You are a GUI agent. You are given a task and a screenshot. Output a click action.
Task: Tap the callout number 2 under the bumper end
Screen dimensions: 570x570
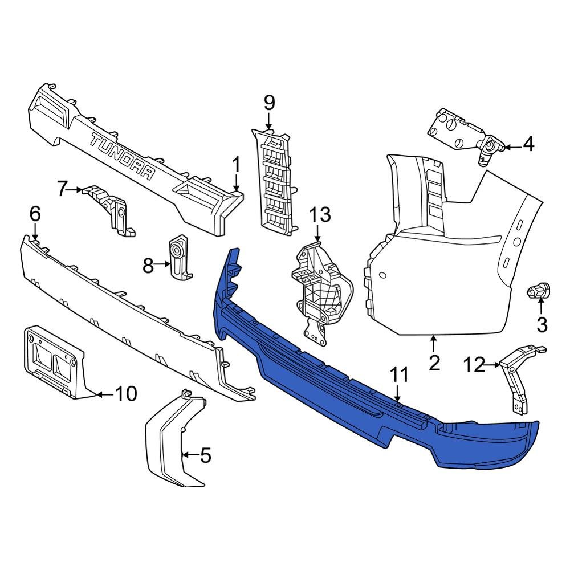pyautogui.click(x=434, y=363)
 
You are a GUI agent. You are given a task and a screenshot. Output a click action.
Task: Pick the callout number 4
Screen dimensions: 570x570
pyautogui.click(x=528, y=144)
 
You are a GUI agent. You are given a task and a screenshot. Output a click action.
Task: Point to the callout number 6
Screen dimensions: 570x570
pyautogui.click(x=35, y=214)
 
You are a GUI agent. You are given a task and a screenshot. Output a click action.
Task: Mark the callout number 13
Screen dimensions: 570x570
pyautogui.click(x=320, y=215)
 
